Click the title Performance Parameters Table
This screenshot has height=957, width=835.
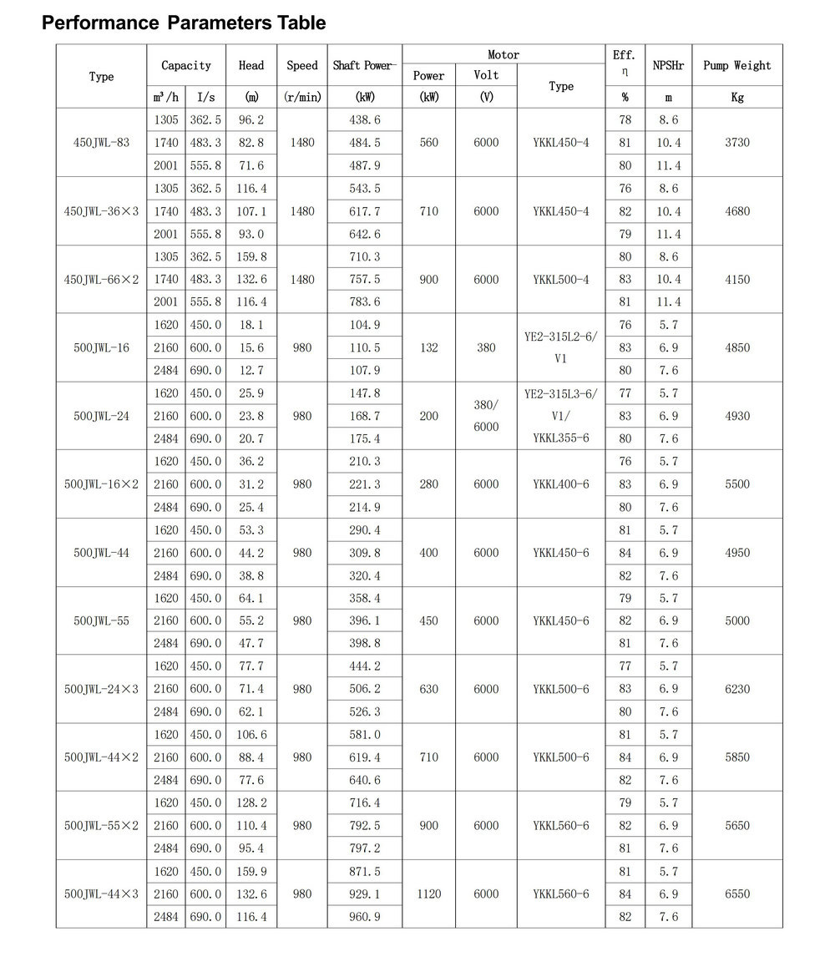coord(184,23)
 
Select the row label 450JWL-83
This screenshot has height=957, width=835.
coord(101,143)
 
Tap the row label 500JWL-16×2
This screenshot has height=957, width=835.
coord(101,484)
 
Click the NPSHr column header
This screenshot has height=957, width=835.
coord(668,65)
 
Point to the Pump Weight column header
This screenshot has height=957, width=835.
coord(737,65)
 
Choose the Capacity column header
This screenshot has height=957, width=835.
coord(186,65)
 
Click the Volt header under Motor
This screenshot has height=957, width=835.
coord(486,75)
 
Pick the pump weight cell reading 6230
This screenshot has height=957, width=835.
coord(737,689)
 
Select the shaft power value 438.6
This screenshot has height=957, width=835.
coord(365,120)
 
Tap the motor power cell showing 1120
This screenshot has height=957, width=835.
coord(428,894)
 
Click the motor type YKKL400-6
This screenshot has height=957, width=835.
coord(561,484)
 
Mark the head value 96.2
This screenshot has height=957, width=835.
coord(250,120)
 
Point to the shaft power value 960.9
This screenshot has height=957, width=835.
coord(365,917)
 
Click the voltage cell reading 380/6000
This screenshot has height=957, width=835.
coord(486,416)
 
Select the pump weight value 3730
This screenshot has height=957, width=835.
coord(737,143)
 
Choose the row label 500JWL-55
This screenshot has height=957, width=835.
coord(101,621)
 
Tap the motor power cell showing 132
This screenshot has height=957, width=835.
coord(428,347)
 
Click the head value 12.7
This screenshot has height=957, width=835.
coord(250,370)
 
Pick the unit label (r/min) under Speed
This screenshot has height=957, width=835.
coord(302,97)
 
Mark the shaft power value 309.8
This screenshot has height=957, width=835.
coord(365,553)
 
